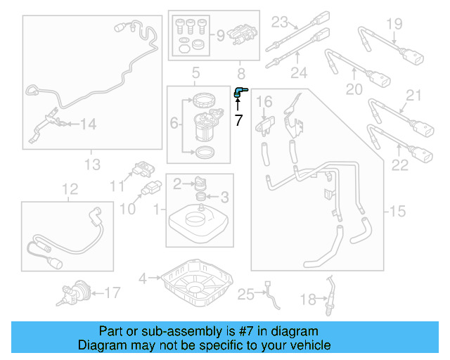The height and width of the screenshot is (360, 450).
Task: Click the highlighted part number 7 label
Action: coord(238,121)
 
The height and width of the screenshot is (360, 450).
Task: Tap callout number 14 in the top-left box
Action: coord(87,124)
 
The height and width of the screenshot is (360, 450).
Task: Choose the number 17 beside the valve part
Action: coord(112,291)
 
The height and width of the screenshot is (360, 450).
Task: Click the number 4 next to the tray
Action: coord(143,278)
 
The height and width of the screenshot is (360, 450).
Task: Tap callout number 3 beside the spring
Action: coord(226,196)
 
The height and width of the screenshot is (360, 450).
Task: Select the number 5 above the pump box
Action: coord(195,72)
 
